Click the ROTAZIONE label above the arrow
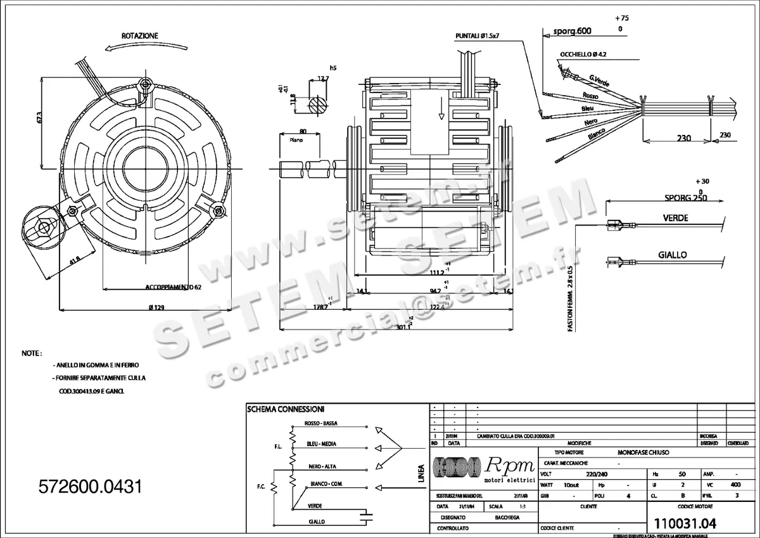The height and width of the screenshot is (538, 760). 140,36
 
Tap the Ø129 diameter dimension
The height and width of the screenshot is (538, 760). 156,307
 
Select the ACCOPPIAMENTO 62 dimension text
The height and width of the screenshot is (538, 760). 173,287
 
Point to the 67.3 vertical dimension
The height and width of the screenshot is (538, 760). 40,118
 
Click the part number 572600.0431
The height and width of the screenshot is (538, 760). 90,487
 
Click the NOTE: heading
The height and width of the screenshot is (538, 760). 32,352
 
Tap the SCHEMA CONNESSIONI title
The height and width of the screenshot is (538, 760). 286,409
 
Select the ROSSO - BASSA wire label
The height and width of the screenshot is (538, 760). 320,423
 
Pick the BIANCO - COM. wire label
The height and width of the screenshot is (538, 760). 326,484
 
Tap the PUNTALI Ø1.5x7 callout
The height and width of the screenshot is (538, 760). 478,35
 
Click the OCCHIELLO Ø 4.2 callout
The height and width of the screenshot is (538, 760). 583,55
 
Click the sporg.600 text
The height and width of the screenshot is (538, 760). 572,31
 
